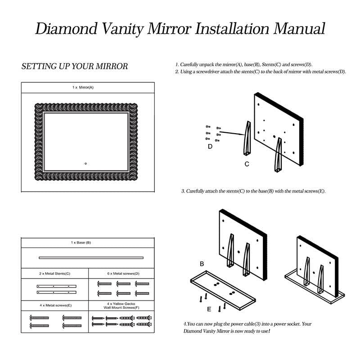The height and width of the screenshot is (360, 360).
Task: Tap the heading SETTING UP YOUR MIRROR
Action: tap(75, 67)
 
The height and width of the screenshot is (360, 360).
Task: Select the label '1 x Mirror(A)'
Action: tap(83, 87)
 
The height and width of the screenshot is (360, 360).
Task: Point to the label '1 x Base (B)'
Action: tap(81, 243)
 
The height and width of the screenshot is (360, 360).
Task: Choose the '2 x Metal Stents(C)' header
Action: tap(54, 273)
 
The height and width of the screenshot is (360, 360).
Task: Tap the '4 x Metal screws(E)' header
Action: tap(54, 306)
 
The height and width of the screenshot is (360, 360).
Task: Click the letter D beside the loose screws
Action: tap(210, 146)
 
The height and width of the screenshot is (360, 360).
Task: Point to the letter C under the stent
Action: tap(247, 164)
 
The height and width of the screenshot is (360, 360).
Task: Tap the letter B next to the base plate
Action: tap(202, 264)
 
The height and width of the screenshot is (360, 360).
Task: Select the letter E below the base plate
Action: tap(209, 309)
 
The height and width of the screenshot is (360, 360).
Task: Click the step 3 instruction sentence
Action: tap(253, 191)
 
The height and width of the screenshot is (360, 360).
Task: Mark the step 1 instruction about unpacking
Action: tap(243, 65)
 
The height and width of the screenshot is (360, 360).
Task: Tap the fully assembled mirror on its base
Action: tap(315, 270)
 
